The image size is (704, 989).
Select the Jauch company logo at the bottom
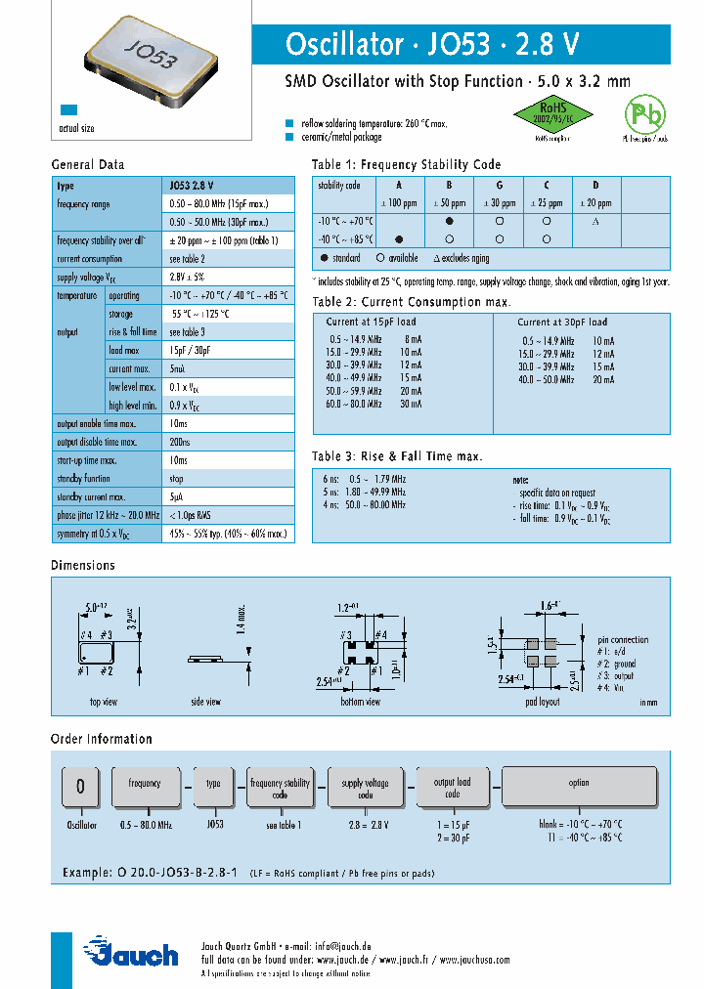pyautogui.click(x=131, y=952)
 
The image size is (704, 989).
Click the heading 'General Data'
pyautogui.click(x=87, y=164)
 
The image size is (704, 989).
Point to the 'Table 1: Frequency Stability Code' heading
pyautogui.click(x=406, y=164)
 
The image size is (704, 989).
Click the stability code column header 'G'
pyautogui.click(x=499, y=185)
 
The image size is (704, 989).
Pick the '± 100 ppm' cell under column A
pyautogui.click(x=398, y=203)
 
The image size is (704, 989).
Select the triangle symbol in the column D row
pyautogui.click(x=594, y=222)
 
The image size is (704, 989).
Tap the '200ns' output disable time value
pyautogui.click(x=180, y=442)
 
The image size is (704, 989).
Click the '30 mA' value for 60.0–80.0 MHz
pyautogui.click(x=410, y=404)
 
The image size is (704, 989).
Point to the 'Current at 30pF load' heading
pyautogui.click(x=562, y=322)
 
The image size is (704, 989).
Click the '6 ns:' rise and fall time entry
pyautogui.click(x=330, y=479)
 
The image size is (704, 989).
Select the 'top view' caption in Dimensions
pyautogui.click(x=104, y=701)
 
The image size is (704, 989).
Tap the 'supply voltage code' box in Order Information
pyautogui.click(x=365, y=788)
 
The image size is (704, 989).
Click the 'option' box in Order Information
pyautogui.click(x=579, y=783)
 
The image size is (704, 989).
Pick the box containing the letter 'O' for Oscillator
pyautogui.click(x=81, y=787)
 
